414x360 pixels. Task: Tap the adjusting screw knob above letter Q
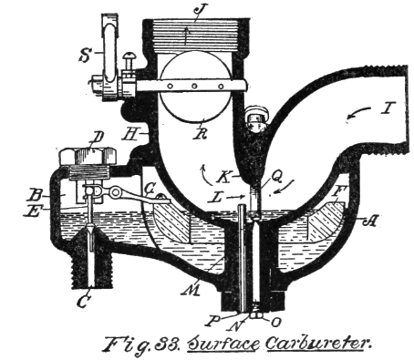point(256,118)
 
